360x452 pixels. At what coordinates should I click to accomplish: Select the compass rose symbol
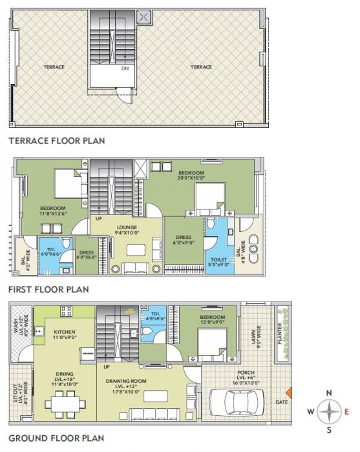pyautogui.click(x=330, y=411)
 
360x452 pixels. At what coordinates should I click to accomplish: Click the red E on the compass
pyautogui.click(x=346, y=411)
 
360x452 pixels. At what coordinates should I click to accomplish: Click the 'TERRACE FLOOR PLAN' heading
pyautogui.click(x=56, y=139)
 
